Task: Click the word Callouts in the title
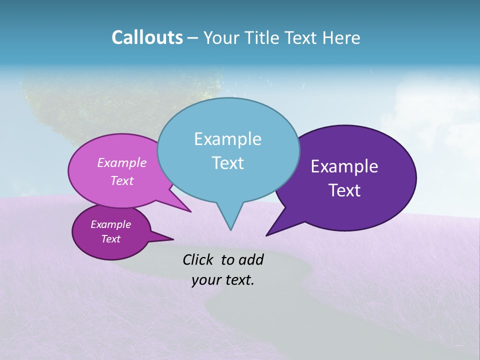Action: click(x=147, y=37)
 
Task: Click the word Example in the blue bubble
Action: click(x=227, y=139)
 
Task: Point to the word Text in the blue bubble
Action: click(x=227, y=163)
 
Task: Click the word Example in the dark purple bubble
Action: click(x=344, y=166)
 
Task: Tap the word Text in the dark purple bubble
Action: click(x=345, y=190)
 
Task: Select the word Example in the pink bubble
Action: click(x=122, y=162)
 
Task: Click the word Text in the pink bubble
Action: click(x=122, y=180)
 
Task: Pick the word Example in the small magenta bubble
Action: click(x=111, y=224)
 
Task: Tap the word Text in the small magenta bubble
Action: click(x=111, y=239)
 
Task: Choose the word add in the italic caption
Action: click(x=250, y=259)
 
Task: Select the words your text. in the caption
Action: click(x=223, y=280)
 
